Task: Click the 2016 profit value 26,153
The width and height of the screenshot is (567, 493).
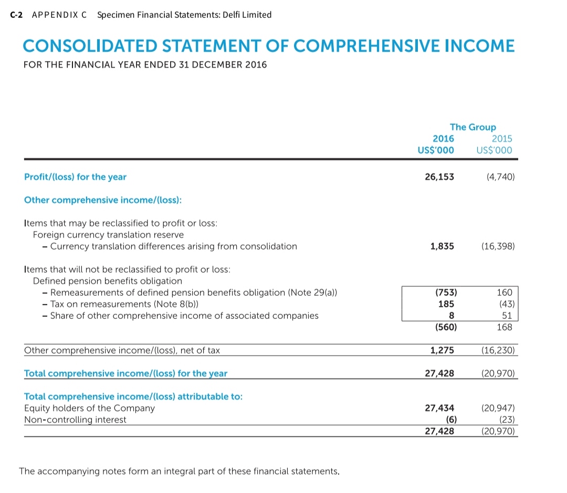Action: pyautogui.click(x=439, y=177)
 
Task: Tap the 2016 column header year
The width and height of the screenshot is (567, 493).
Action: pyautogui.click(x=443, y=139)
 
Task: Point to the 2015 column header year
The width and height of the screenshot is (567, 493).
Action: pyautogui.click(x=502, y=139)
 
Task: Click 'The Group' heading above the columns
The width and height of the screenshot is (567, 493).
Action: pyautogui.click(x=472, y=127)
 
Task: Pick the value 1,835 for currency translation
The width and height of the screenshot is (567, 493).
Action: pyautogui.click(x=442, y=246)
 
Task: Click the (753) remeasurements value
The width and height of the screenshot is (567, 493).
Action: pyautogui.click(x=446, y=293)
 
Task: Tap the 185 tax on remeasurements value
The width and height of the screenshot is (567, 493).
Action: pyautogui.click(x=447, y=304)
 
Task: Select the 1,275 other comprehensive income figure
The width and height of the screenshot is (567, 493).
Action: pyautogui.click(x=442, y=350)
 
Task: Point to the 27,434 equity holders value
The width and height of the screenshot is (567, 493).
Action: pyautogui.click(x=439, y=408)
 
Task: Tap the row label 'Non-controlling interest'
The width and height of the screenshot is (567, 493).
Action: pyautogui.click(x=75, y=420)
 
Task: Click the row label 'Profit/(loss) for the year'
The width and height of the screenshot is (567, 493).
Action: pyautogui.click(x=75, y=177)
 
